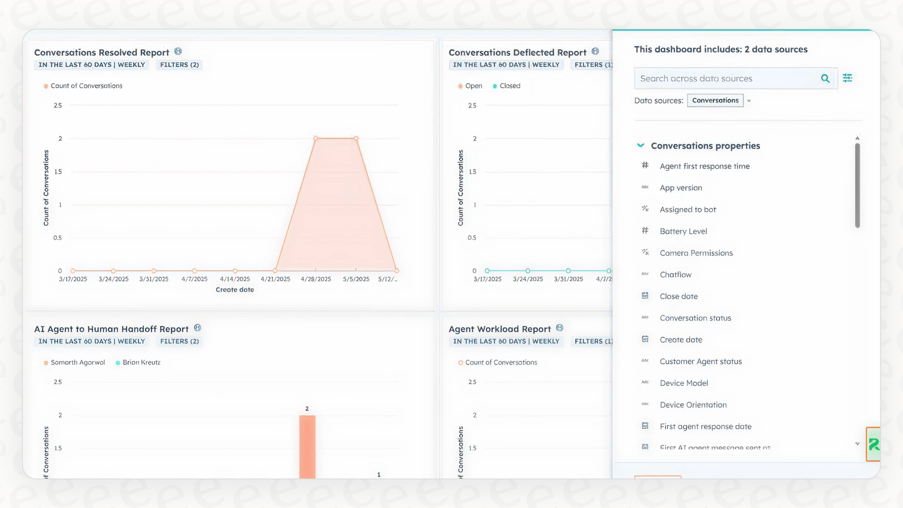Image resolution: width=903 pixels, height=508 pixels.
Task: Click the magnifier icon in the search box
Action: [825, 78]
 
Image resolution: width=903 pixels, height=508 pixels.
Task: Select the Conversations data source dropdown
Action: [715, 101]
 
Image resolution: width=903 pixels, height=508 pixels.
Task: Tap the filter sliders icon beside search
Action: [848, 78]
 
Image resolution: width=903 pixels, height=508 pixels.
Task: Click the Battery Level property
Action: [683, 231]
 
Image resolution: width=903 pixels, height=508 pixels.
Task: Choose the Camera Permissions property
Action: [696, 253]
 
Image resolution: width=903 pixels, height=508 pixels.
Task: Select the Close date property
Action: [678, 296]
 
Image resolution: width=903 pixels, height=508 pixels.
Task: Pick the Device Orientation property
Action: [693, 405]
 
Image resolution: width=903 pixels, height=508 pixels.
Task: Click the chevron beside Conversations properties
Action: [640, 146]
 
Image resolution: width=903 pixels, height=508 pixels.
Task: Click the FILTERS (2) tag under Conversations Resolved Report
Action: [180, 65]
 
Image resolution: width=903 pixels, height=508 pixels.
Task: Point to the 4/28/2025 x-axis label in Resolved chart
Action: [316, 279]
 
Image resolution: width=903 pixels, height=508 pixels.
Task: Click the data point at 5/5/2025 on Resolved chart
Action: [356, 139]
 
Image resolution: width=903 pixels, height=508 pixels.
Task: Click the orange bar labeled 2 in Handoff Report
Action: [307, 446]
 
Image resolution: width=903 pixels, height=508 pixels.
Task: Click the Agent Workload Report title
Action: [499, 329]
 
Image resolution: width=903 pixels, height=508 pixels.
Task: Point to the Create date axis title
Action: [235, 290]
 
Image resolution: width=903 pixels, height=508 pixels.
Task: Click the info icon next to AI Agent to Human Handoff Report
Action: [197, 328]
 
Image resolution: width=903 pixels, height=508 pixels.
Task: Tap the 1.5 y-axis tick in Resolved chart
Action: [58, 172]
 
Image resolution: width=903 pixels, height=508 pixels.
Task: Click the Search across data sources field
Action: [726, 78]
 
